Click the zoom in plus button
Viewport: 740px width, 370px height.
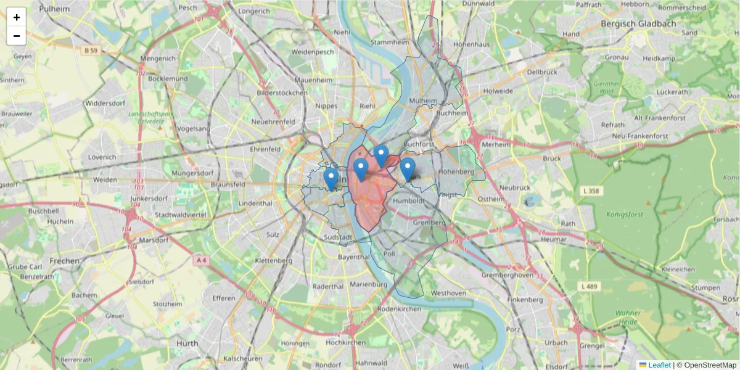coord(17,17)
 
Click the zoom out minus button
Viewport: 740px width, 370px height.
coord(17,36)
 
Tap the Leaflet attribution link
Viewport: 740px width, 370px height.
coord(659,365)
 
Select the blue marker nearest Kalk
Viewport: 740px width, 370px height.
coord(408,169)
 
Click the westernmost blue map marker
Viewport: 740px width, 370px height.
coord(331,179)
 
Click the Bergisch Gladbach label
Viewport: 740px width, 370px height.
coord(638,23)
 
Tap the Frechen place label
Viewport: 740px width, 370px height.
coord(65,261)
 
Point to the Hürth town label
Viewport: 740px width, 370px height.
coord(187,343)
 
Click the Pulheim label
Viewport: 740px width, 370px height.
coord(54,8)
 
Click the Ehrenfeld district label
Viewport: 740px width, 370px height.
coord(265,149)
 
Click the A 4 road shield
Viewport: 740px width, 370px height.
coord(200,261)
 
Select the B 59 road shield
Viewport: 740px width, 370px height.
coord(91,50)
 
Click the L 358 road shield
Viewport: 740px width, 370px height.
coord(590,192)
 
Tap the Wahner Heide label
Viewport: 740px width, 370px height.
coord(628,318)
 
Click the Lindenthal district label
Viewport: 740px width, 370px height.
coord(255,203)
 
